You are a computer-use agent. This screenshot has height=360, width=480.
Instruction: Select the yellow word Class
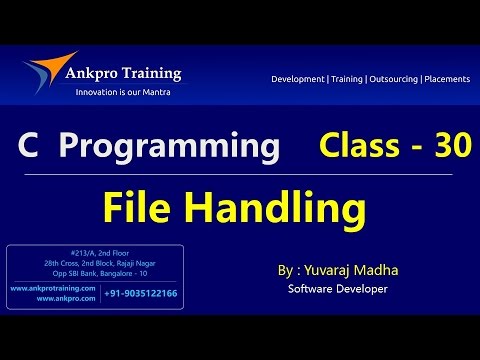click(x=357, y=147)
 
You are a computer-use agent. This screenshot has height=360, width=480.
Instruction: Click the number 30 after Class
click(x=451, y=147)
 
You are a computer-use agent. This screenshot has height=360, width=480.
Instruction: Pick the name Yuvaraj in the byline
click(x=334, y=271)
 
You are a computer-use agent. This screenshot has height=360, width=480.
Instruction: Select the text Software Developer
click(x=337, y=289)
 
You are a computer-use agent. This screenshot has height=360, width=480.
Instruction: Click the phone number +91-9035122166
click(x=141, y=293)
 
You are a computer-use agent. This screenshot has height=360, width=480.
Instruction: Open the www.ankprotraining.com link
click(x=52, y=288)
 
